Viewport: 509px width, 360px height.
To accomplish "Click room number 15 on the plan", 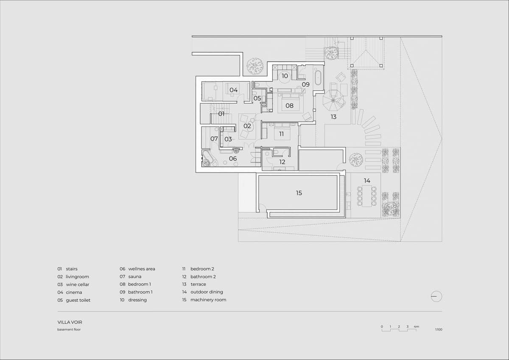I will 299,193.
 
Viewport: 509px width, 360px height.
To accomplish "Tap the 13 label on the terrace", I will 333,117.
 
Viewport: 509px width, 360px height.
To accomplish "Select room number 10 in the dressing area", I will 285,76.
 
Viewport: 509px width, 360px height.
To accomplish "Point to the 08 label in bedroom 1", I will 289,106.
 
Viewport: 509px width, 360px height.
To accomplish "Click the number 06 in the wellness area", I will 233,159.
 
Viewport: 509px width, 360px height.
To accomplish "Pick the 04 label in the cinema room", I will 234,90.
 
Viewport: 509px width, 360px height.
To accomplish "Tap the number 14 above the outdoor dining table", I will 367,181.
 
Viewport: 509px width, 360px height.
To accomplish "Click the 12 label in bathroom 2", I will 282,162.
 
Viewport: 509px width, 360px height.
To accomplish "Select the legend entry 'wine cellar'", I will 77,285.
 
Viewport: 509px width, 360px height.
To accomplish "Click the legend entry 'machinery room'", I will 208,300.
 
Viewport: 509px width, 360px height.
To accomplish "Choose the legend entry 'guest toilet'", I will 78,300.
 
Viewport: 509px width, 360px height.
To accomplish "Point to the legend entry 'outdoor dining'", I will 207,292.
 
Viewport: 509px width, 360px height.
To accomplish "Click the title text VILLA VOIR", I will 70,322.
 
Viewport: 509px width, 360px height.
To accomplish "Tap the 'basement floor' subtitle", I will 69,329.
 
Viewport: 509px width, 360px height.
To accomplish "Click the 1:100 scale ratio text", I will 438,329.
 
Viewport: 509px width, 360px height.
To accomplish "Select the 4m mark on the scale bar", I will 417,327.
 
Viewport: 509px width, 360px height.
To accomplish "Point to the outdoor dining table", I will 366,196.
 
